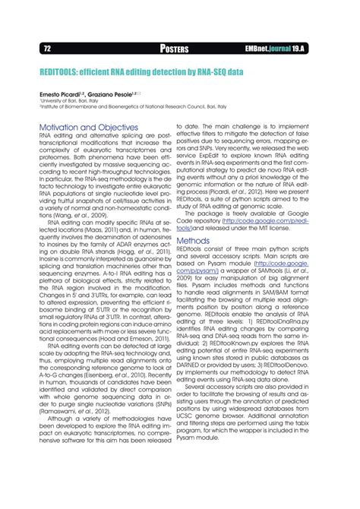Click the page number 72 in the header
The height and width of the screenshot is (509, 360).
tap(29, 49)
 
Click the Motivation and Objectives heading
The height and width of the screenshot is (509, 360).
tap(88, 127)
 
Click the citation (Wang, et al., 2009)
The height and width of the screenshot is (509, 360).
tap(55, 216)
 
